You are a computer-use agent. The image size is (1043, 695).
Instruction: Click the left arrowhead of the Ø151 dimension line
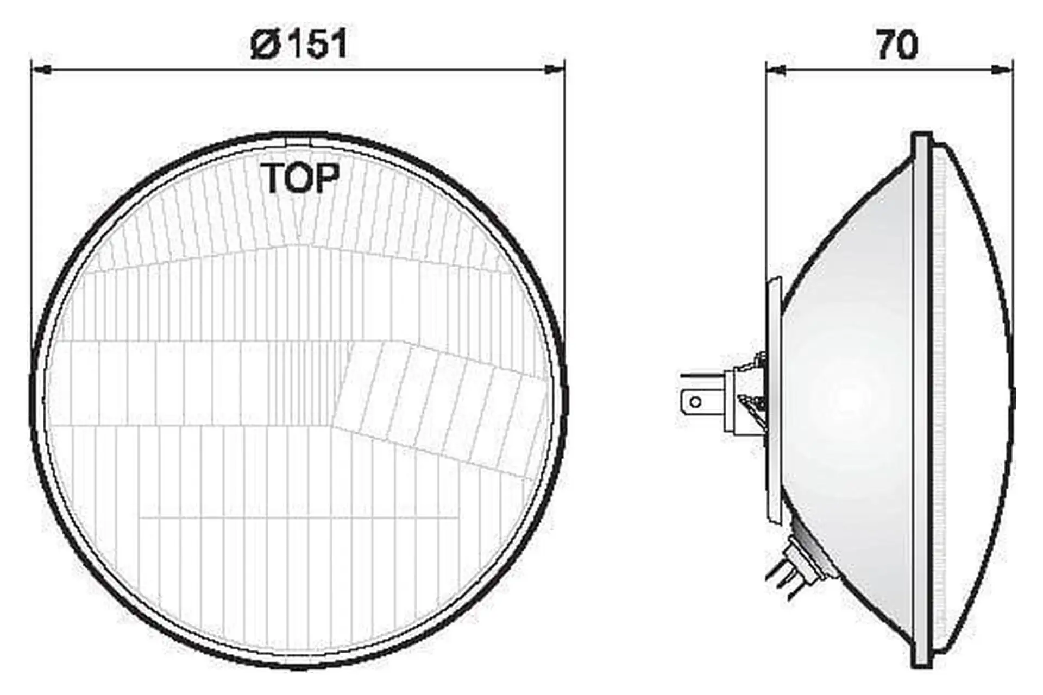click(x=42, y=70)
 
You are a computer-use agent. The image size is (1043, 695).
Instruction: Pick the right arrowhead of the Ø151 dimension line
click(x=555, y=69)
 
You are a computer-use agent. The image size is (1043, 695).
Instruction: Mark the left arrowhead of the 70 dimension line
click(x=776, y=69)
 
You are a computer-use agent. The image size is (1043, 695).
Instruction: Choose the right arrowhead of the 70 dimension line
click(x=1002, y=69)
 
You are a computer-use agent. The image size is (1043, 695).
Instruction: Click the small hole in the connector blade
click(x=695, y=402)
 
